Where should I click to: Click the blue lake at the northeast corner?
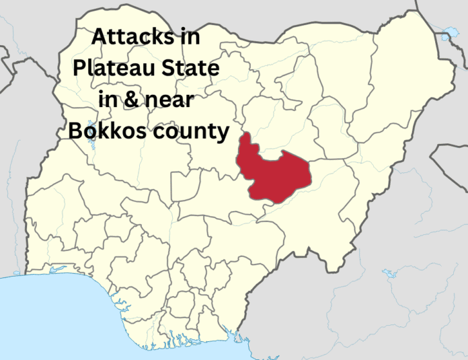pos(444,32)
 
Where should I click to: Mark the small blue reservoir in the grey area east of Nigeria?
pos(388,275)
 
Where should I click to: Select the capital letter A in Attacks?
pos(98,38)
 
